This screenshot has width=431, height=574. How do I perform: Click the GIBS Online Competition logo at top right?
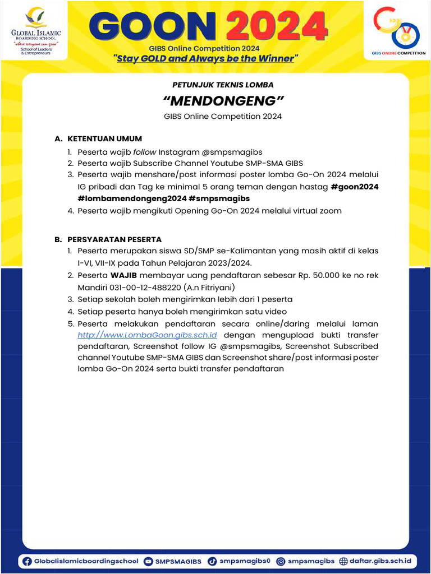(398, 31)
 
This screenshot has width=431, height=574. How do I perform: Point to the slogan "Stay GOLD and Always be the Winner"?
(206, 58)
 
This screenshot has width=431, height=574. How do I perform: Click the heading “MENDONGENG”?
(223, 101)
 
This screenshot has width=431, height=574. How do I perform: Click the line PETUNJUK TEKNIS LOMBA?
(223, 85)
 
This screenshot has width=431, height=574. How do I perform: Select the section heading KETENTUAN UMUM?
(104, 138)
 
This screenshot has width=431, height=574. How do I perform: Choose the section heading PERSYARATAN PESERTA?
(114, 239)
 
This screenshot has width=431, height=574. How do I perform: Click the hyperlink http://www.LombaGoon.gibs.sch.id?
(147, 335)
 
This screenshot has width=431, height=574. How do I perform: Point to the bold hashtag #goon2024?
(355, 187)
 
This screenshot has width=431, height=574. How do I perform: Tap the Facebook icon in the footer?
(27, 561)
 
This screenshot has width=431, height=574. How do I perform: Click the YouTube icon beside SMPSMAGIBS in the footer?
(148, 561)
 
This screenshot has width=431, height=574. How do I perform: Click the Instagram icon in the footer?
(281, 561)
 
